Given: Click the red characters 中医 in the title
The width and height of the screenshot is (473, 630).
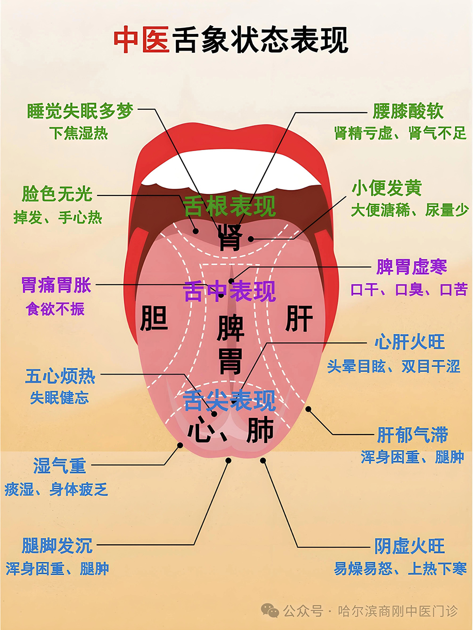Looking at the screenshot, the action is [x=141, y=39].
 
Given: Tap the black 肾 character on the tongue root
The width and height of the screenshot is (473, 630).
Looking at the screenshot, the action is [x=230, y=237].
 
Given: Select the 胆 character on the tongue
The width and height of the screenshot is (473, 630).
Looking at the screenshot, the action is [x=154, y=318].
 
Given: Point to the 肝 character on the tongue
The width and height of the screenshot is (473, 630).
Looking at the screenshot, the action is [x=299, y=318].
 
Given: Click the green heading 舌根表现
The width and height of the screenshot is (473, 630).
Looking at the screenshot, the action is [x=230, y=206].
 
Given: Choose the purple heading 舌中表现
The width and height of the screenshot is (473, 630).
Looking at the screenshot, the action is [x=230, y=291].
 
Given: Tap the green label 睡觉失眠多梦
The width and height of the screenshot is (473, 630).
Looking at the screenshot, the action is [x=80, y=111].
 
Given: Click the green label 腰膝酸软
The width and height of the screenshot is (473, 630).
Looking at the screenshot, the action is [x=408, y=111].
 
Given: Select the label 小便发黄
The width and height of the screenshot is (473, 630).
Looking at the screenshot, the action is [x=387, y=188].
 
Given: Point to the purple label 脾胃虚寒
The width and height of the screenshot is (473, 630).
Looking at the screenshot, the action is [x=412, y=267].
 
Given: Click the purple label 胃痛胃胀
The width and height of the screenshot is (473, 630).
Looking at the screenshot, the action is [x=56, y=285].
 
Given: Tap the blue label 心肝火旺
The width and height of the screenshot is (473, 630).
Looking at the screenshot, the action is [x=410, y=342].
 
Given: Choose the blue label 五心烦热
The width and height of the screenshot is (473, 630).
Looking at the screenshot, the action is [x=60, y=376].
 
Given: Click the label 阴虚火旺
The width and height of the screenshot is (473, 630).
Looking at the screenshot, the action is [x=410, y=546].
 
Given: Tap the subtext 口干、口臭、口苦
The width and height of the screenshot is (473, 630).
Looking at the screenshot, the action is [x=409, y=290].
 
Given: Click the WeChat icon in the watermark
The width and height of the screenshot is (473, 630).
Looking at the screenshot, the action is [x=270, y=611].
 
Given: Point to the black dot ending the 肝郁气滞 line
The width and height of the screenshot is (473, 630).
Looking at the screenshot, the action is [x=308, y=409].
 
